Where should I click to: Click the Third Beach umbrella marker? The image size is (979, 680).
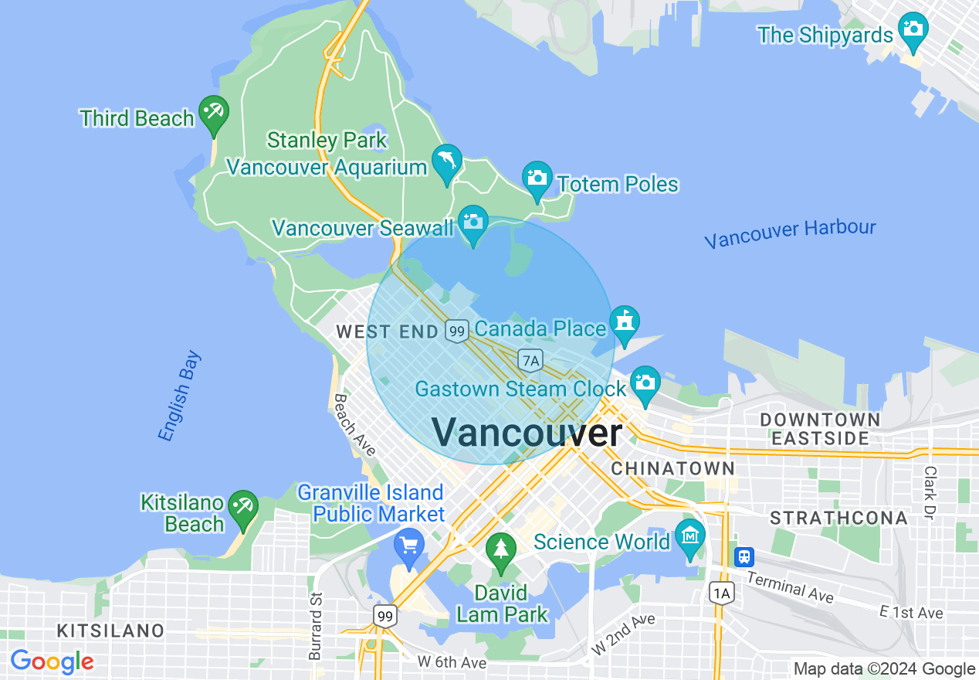tap(213, 113)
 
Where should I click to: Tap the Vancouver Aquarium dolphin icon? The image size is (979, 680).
tap(447, 161)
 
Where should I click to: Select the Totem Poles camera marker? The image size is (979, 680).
tap(537, 178)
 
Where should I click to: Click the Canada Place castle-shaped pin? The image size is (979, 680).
tap(624, 323)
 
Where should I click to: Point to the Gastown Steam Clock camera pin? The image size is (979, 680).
tap(645, 382)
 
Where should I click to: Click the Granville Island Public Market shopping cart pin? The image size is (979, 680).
tap(408, 546)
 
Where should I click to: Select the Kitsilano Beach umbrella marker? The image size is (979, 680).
tap(244, 507)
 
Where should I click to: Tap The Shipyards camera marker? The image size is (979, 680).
tap(913, 29)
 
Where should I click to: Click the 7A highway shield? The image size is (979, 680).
tap(530, 360)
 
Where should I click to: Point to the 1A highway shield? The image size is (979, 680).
tap(720, 593)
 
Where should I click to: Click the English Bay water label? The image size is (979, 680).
tap(180, 396)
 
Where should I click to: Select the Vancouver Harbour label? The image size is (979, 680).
tap(790, 233)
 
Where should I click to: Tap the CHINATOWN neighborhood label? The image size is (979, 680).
tap(673, 468)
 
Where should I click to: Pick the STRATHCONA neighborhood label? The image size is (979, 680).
tap(838, 518)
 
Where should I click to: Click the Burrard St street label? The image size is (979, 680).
tap(315, 626)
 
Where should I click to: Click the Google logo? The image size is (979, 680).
tap(52, 661)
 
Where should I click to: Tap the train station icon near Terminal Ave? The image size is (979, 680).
tap(744, 556)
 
